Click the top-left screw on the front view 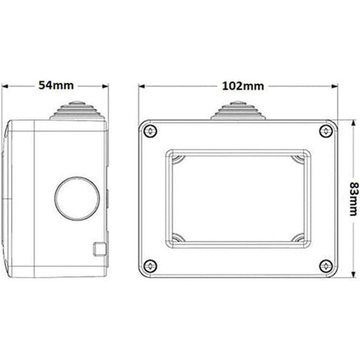(x=150, y=131)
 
